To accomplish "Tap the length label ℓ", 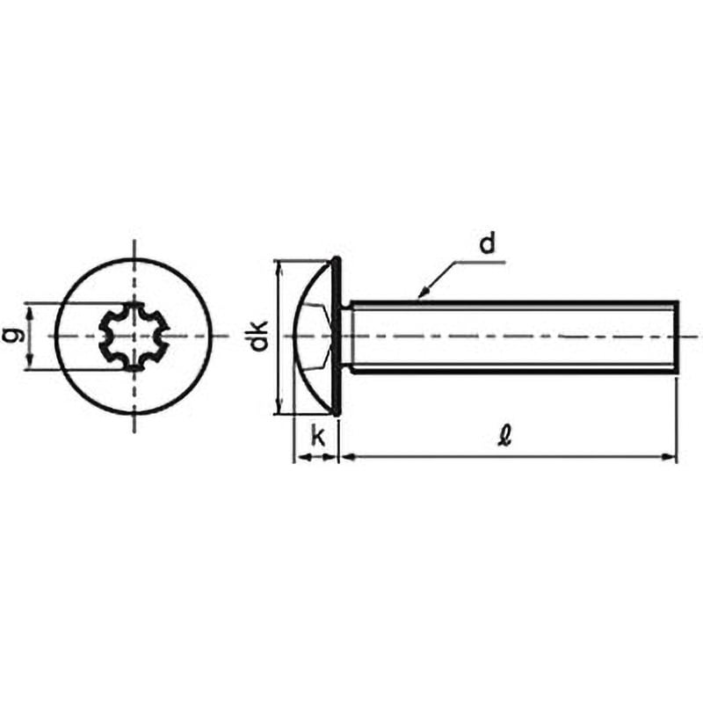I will pyautogui.click(x=503, y=436).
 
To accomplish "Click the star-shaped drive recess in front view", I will pyautogui.click(x=134, y=336).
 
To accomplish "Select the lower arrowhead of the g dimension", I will pyautogui.click(x=31, y=364).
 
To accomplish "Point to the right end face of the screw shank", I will pyautogui.click(x=677, y=337).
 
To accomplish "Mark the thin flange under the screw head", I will pyautogui.click(x=337, y=336).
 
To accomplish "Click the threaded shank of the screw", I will pyautogui.click(x=510, y=337).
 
